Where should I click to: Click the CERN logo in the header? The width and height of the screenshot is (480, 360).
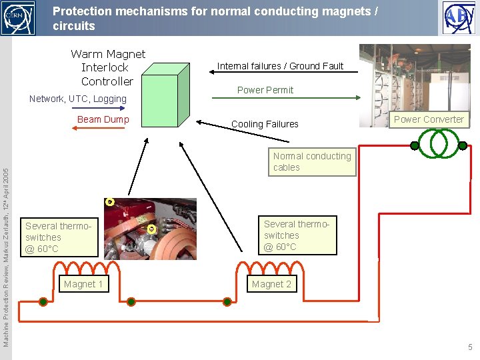point(18,18)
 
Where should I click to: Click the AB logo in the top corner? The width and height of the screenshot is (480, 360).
point(459,18)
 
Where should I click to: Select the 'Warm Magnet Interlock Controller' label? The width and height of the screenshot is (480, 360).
point(107,67)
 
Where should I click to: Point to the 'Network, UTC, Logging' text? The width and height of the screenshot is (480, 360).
point(78,99)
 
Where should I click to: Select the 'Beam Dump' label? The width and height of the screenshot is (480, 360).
point(103,119)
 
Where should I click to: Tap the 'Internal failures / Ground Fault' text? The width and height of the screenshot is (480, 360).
point(280,66)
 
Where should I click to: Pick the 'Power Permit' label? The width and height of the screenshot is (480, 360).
point(265,90)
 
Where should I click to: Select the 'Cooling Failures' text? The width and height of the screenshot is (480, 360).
point(265,124)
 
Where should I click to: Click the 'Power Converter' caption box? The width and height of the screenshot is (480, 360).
point(429,120)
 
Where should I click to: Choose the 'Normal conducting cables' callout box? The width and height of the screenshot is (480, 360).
point(311,162)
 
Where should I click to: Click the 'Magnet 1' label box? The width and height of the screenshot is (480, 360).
point(83,284)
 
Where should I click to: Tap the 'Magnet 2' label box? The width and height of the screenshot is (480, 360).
point(271,284)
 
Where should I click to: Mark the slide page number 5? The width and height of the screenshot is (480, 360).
point(470,347)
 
